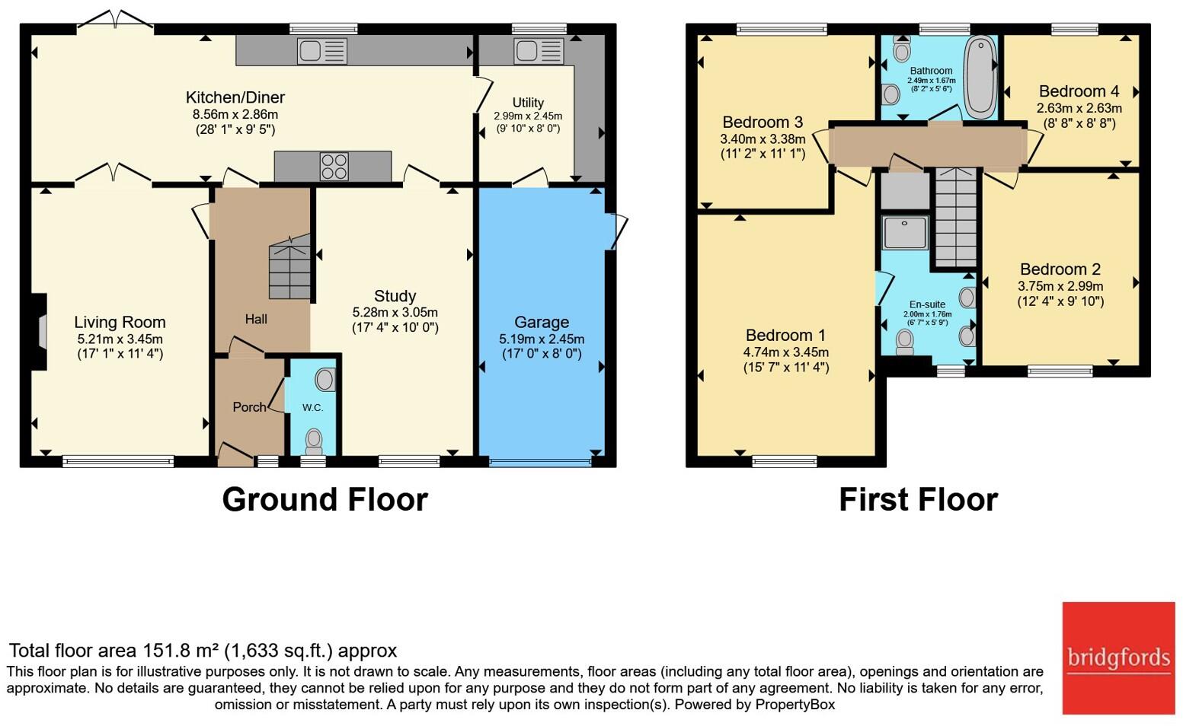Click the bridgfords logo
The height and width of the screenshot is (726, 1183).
coord(1118,658)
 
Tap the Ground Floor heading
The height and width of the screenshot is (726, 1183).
coord(325,499)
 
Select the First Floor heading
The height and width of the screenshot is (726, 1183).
coord(919,499)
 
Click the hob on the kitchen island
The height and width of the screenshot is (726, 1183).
coord(334,166)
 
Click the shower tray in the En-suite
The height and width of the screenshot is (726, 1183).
coord(905,231)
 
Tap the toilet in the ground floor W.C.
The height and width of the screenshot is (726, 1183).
coord(314,441)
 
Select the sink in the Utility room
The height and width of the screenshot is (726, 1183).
coord(538,52)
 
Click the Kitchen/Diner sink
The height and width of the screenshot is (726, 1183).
coord(322,51)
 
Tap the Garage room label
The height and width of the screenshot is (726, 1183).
coord(542,322)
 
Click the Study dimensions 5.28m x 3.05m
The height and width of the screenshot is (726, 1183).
coord(395,312)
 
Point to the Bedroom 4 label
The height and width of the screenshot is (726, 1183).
coord(1079,91)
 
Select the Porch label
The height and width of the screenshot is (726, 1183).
coord(249,407)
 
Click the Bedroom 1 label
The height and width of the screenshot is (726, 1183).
coord(785,335)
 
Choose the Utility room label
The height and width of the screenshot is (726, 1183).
coord(528,103)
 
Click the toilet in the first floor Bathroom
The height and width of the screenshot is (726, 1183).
coord(902,49)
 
